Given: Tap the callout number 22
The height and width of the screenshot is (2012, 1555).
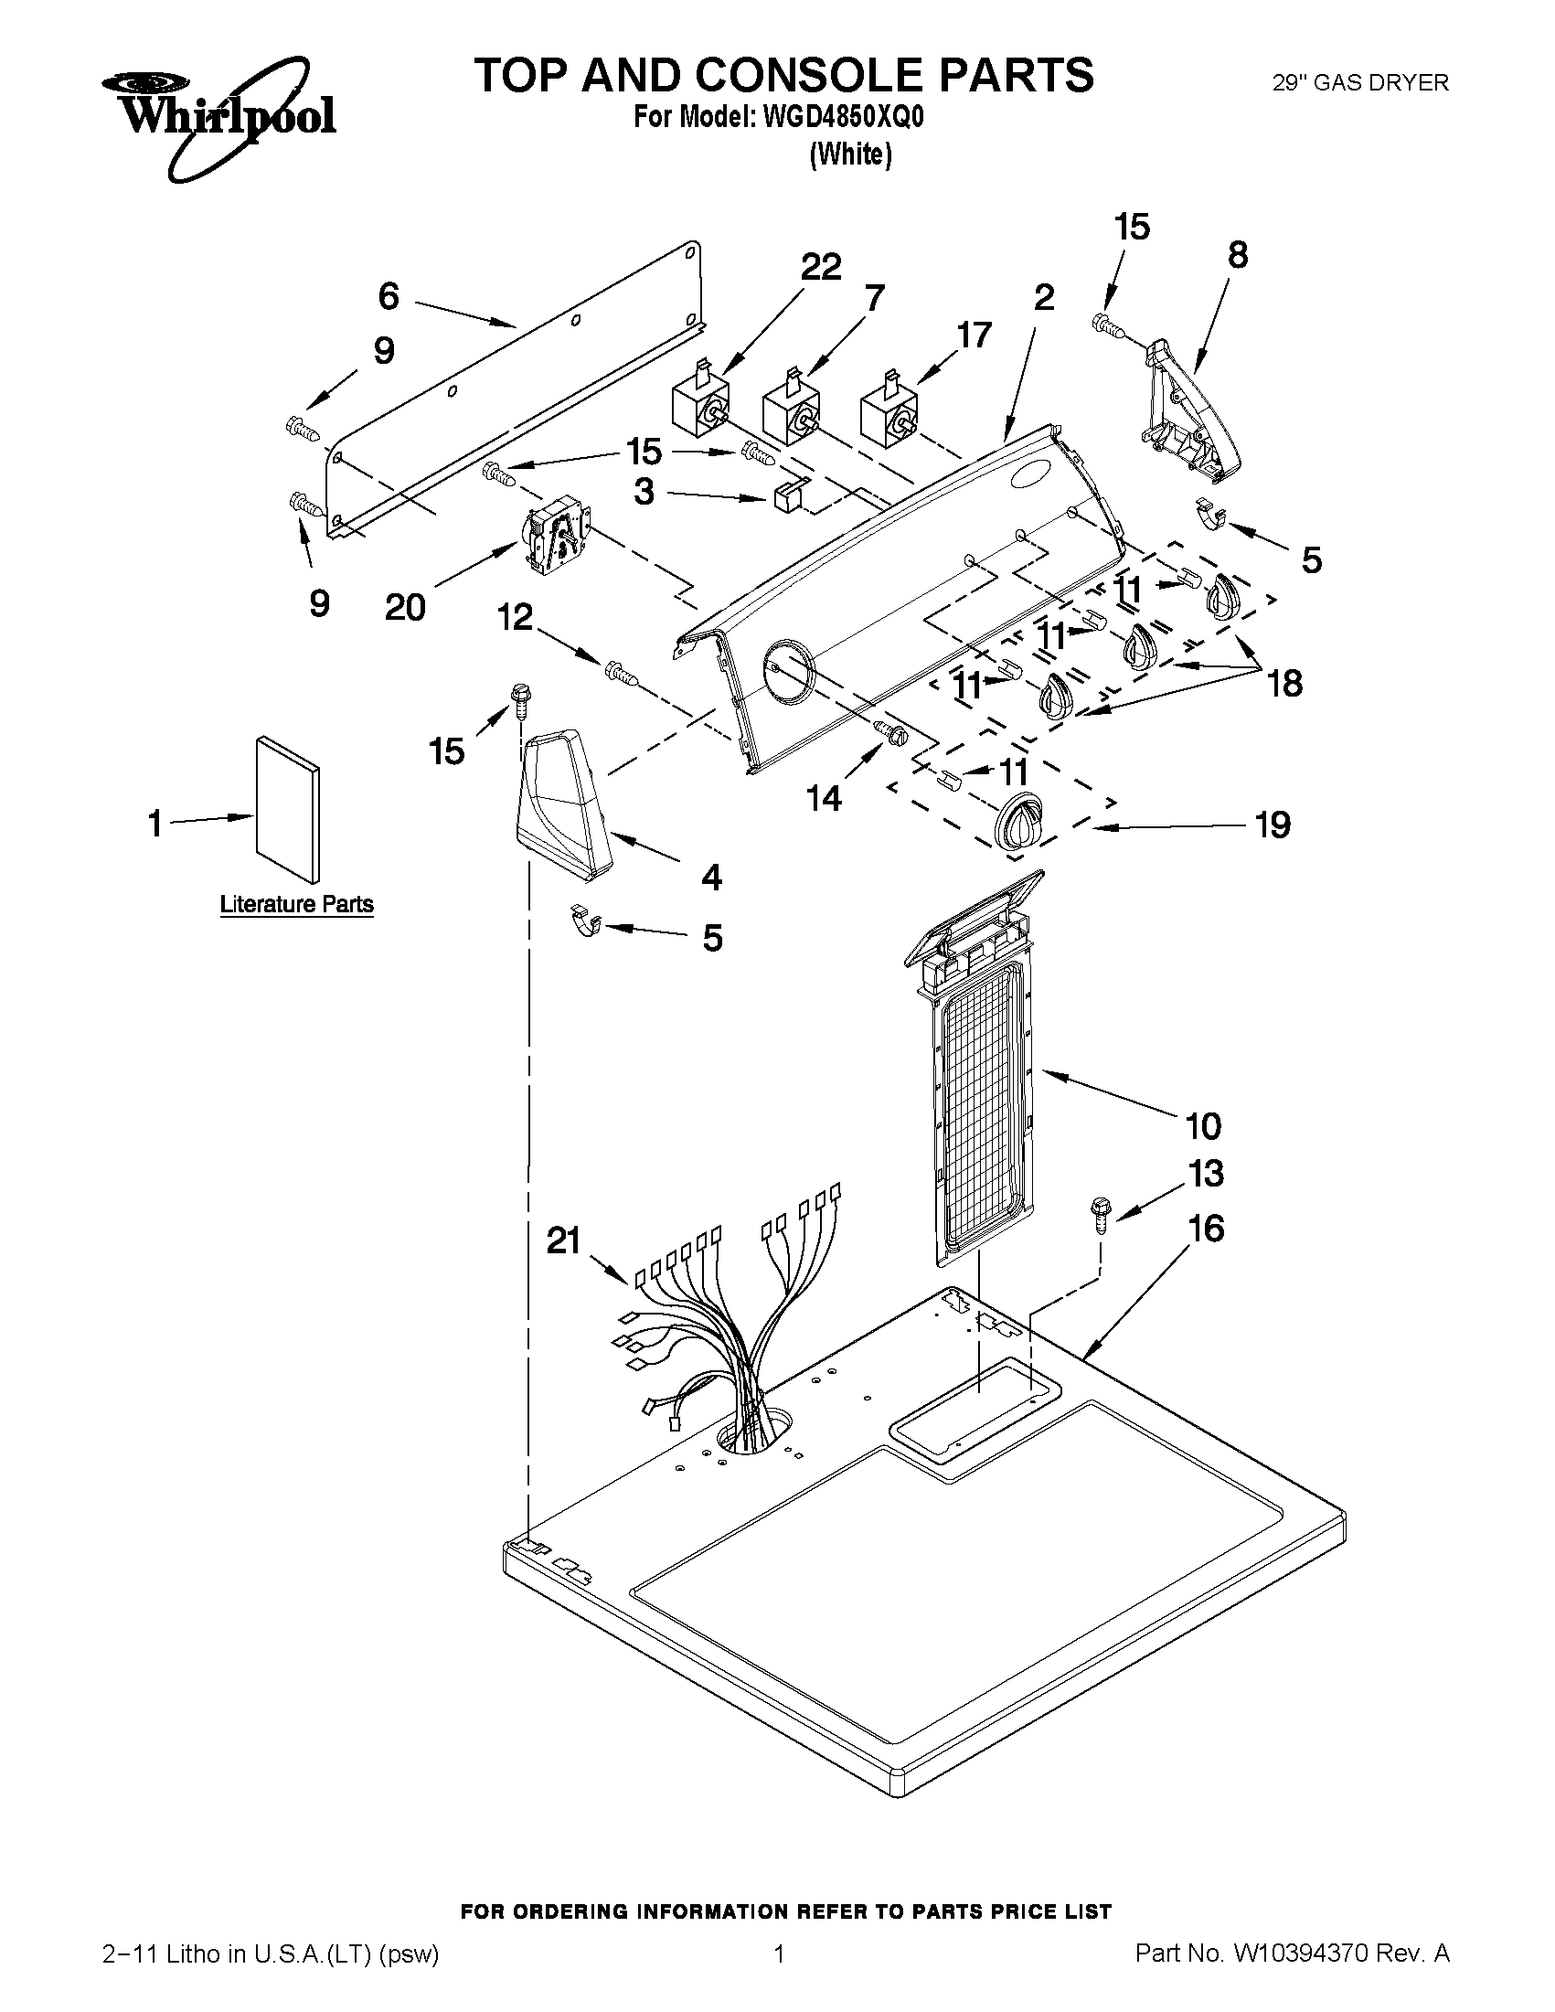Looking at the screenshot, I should point(820,267).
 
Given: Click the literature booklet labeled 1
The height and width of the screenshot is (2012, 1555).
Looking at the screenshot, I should point(288,808).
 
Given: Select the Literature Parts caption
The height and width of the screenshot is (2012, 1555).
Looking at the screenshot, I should point(296,904).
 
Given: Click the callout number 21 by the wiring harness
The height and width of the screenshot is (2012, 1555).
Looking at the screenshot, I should point(563,1240).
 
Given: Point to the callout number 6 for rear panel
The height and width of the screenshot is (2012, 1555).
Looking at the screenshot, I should point(389,297).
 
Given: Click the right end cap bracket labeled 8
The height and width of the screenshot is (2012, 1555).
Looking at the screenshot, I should point(1188,410).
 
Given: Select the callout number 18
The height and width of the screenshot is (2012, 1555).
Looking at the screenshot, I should point(1284,684).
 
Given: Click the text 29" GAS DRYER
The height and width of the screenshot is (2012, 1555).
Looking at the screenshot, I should point(1359,83).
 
